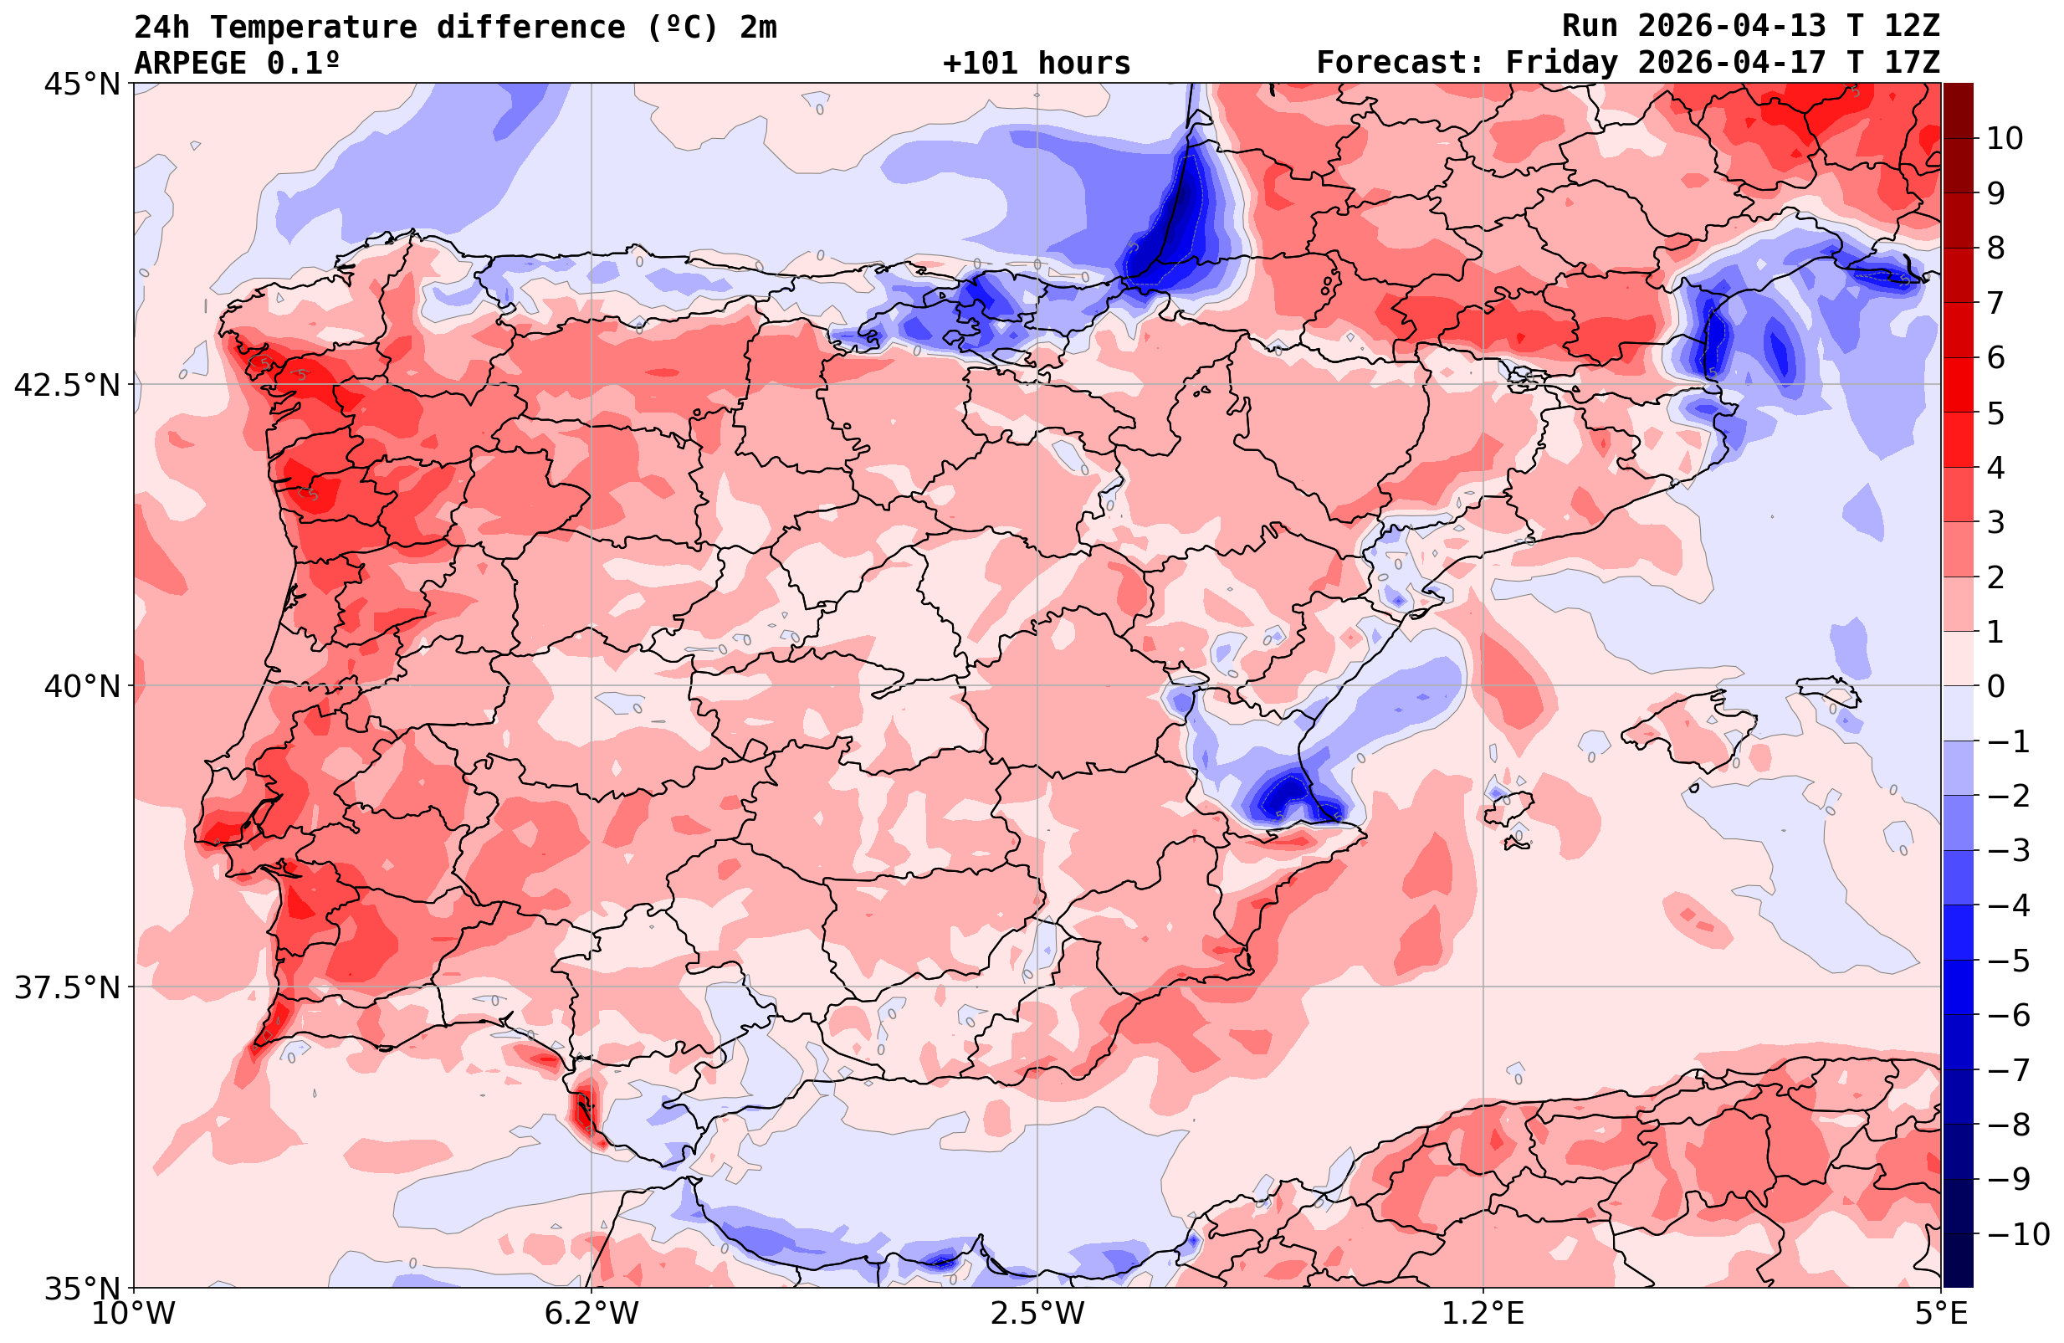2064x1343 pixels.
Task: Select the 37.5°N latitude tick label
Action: (66, 987)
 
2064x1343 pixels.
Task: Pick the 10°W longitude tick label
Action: (134, 1314)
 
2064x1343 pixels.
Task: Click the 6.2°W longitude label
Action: (592, 1314)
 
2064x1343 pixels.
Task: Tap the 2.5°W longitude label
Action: (1037, 1314)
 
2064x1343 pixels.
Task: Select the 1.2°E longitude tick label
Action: (1483, 1314)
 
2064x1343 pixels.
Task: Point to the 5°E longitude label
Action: (1941, 1314)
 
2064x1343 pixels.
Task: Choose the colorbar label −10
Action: (2017, 1233)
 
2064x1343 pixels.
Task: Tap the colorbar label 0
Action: (1995, 686)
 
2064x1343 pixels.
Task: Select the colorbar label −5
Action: (2007, 961)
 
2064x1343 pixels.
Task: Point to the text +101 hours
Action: (1037, 64)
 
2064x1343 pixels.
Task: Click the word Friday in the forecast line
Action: (1561, 64)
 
